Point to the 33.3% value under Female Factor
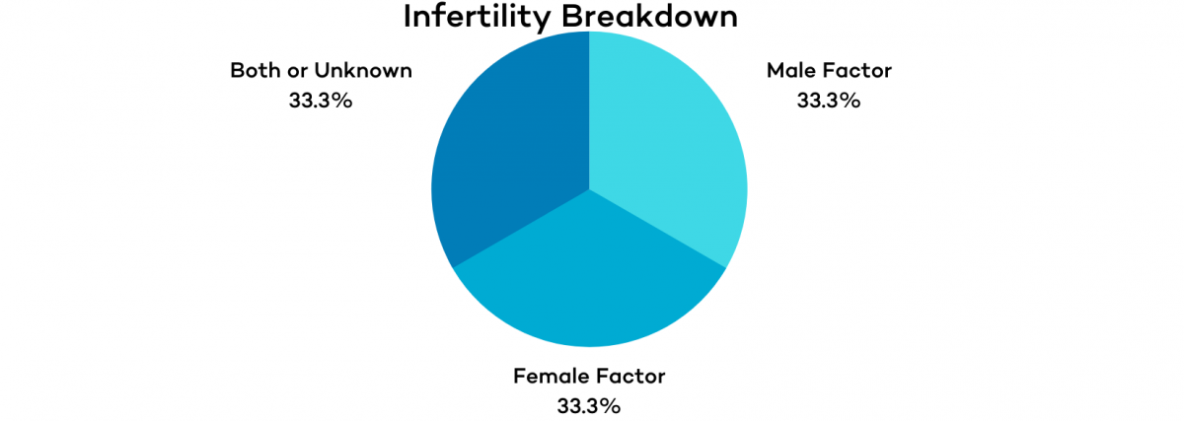point(588,405)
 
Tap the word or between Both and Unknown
point(301,71)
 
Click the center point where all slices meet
point(589,188)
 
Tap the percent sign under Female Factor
point(611,405)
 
